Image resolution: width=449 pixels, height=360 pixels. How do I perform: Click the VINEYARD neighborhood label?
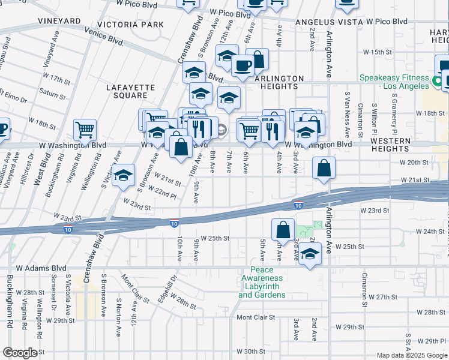59,21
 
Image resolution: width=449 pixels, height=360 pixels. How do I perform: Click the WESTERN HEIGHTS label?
390,145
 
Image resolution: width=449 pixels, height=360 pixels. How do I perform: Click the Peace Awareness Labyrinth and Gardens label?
262,283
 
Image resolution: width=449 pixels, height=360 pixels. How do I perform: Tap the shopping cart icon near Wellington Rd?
85,129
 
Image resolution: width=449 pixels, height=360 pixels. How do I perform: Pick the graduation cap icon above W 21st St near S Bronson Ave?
123,175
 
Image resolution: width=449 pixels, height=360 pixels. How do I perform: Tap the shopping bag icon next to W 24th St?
283,229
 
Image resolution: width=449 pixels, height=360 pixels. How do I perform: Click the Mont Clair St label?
255,317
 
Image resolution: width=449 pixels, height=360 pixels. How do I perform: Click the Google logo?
20,353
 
